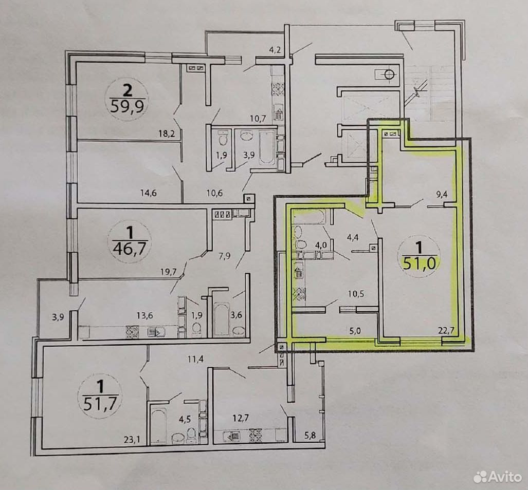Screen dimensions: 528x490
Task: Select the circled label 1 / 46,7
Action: pyautogui.click(x=130, y=241)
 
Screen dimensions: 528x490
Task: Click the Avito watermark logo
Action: pyautogui.click(x=498, y=477)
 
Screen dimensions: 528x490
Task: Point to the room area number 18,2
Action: pyautogui.click(x=167, y=134)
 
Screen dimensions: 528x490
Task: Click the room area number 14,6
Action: pyautogui.click(x=149, y=193)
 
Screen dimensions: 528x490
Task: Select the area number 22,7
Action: pyautogui.click(x=446, y=331)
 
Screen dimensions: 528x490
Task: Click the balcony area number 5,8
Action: pyautogui.click(x=310, y=436)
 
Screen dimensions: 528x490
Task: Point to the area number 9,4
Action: pyautogui.click(x=441, y=194)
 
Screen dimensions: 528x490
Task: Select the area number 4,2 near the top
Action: pyautogui.click(x=275, y=51)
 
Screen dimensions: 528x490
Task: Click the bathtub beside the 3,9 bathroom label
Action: pyautogui.click(x=267, y=147)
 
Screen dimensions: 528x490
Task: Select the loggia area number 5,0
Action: pyautogui.click(x=355, y=331)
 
